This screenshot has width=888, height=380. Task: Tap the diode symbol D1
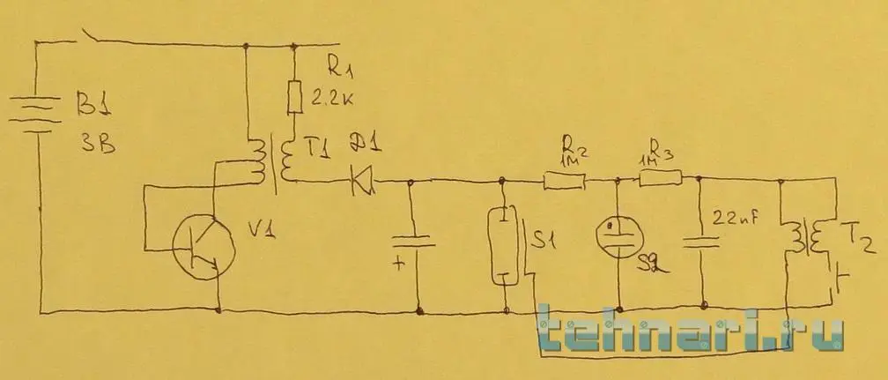tap(361, 183)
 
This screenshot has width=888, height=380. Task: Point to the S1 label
tap(545, 236)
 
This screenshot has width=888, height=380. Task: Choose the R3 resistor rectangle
tap(661, 180)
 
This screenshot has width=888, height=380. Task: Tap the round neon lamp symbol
tap(618, 233)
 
